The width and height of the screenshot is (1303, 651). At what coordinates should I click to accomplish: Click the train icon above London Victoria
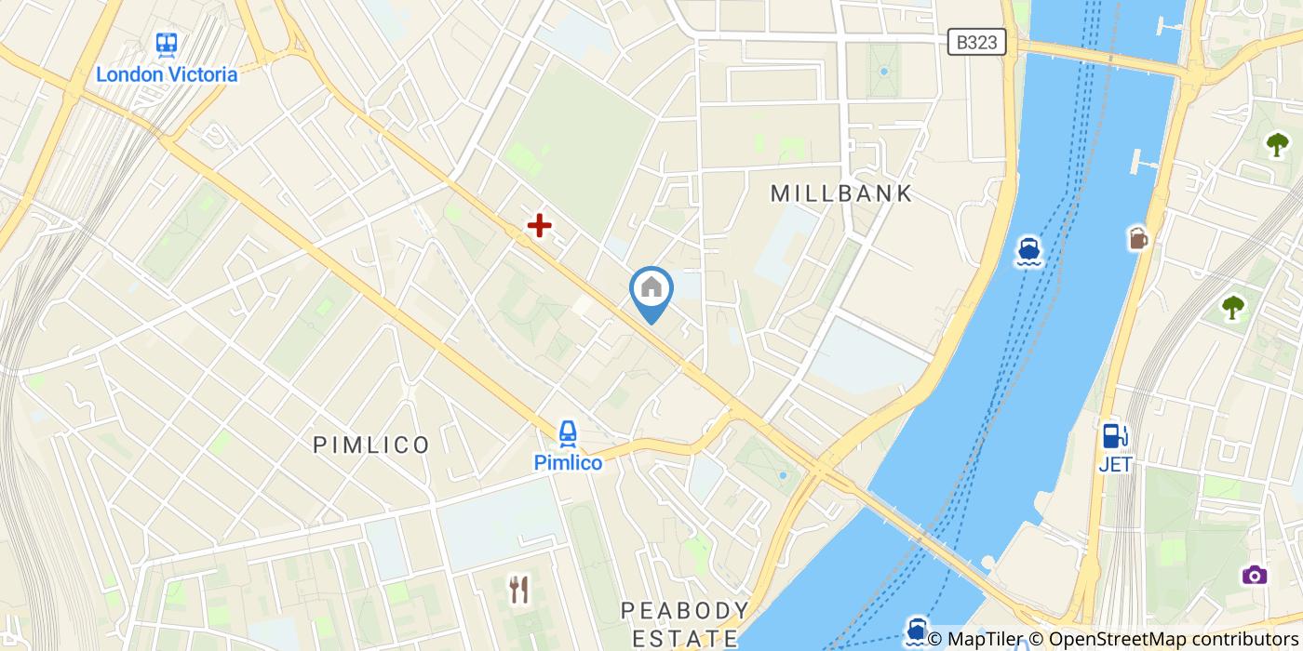coord(168,44)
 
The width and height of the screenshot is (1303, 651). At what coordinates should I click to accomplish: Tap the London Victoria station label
coord(168,74)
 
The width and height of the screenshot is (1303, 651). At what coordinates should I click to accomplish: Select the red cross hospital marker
coord(539,225)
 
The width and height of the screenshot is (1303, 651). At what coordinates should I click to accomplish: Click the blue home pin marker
coord(651,290)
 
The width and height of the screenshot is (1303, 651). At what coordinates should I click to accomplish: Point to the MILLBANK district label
coord(842,193)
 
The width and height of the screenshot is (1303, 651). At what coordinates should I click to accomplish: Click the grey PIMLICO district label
coord(371,445)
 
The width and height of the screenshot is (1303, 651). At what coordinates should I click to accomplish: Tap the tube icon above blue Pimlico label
coord(568,432)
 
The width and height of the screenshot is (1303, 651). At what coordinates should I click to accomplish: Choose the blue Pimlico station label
coord(568,461)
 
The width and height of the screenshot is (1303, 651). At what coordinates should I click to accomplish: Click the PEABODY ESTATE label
coord(685,624)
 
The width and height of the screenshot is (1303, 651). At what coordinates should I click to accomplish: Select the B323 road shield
coord(977,41)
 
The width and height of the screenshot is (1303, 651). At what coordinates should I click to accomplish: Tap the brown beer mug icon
coord(1137,239)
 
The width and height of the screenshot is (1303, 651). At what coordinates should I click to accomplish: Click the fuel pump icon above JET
coord(1115,435)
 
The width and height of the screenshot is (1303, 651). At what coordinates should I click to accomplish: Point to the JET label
coord(1115,464)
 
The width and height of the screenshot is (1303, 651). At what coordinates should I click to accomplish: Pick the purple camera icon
coord(1255,574)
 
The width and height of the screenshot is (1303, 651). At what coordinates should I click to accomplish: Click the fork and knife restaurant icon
coord(519,588)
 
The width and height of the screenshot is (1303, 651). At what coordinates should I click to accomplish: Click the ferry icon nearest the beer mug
coord(1028,251)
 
